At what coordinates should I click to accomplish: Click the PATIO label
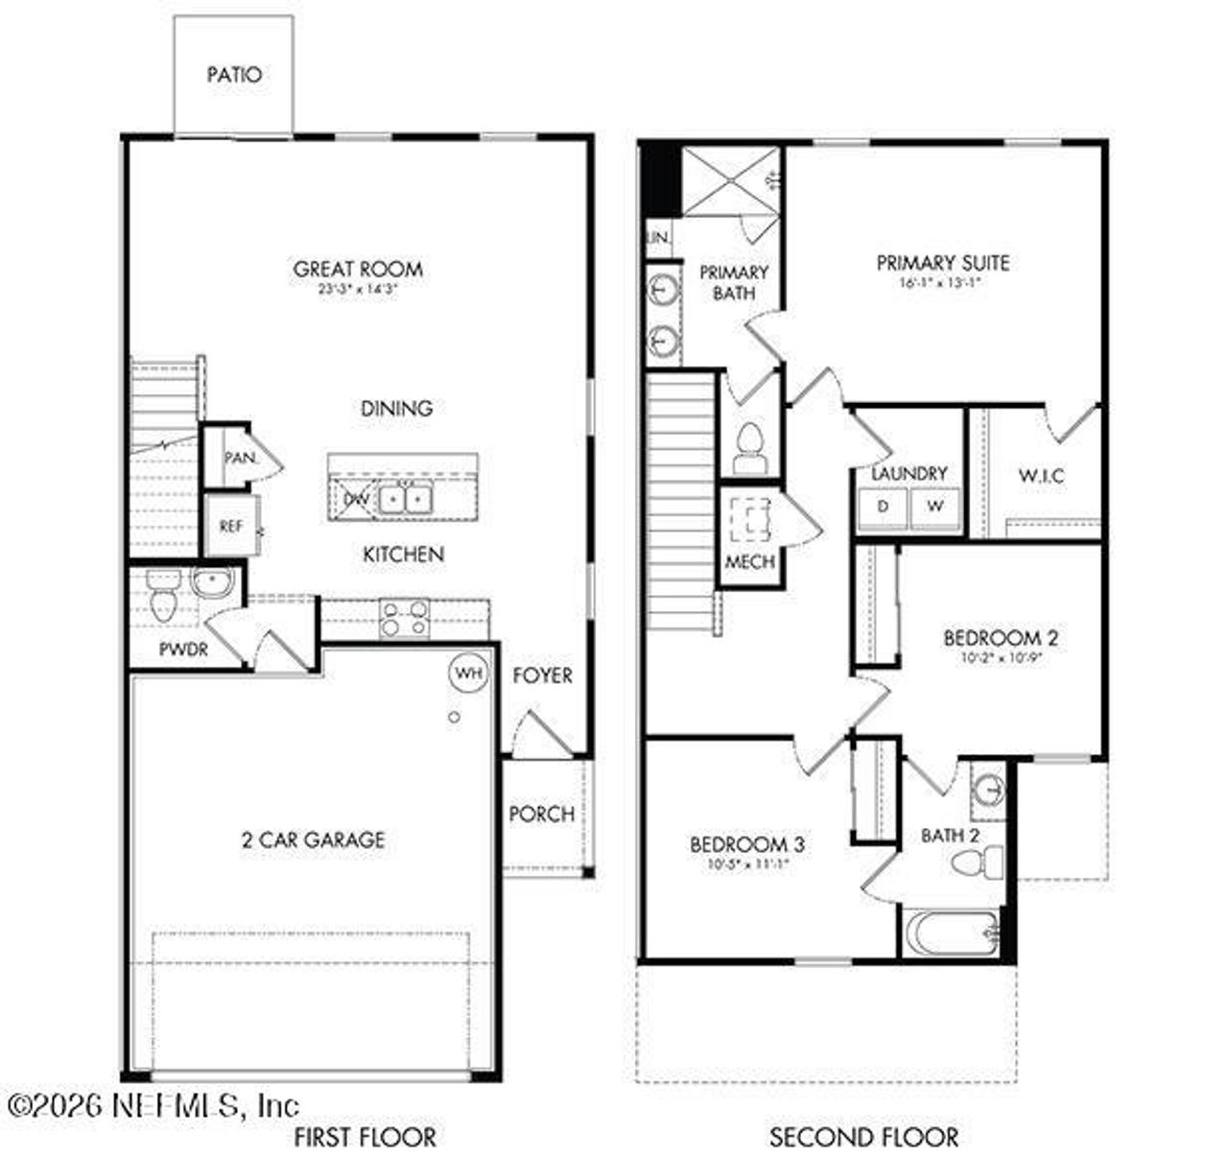(234, 75)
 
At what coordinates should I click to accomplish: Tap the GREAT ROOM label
(358, 270)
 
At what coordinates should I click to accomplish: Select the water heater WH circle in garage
(468, 673)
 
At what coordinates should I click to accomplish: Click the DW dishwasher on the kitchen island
(356, 499)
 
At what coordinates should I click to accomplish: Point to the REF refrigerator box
(230, 526)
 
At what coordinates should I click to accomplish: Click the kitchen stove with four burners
(405, 619)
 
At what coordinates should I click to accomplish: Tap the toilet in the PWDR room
(161, 601)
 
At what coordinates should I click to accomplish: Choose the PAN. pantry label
(240, 459)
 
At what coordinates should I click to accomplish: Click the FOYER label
(542, 675)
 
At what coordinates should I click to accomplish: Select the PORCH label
(541, 814)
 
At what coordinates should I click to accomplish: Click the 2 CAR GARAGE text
(313, 840)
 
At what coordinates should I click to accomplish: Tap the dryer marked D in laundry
(883, 507)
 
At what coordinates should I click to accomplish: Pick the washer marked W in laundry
(934, 507)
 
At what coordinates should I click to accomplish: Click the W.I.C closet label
(1041, 475)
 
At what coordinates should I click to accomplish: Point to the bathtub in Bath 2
(952, 932)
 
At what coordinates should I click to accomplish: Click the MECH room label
(749, 561)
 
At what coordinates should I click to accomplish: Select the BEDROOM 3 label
(746, 844)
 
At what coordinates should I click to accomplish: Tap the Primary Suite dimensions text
(940, 284)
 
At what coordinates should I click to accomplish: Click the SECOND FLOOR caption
(863, 1138)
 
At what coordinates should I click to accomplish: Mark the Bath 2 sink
(986, 790)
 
